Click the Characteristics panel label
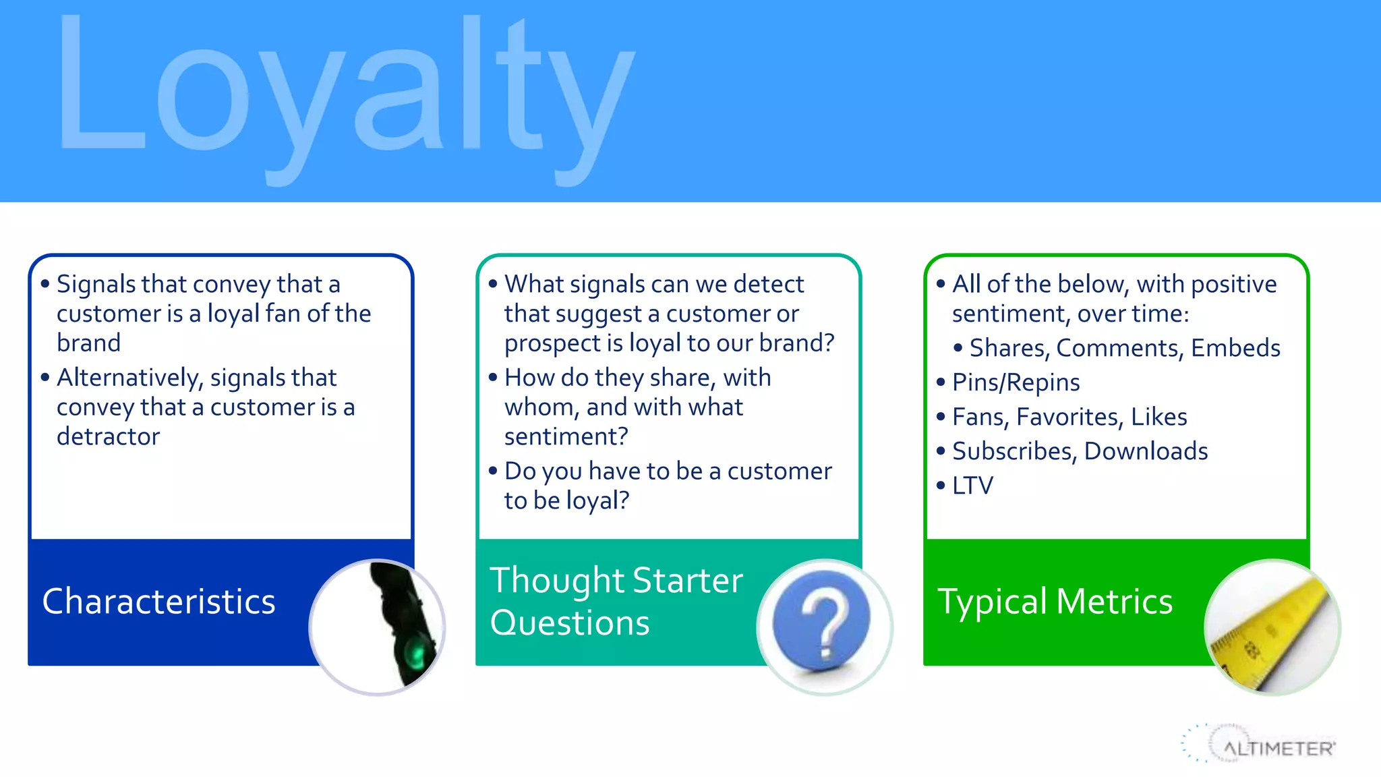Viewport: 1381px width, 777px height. coord(158,602)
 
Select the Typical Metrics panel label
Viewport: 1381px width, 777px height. coord(1055,602)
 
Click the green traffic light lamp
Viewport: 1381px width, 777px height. coord(414,654)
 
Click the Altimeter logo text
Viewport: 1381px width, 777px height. coord(1278,749)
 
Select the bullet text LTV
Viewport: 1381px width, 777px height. coord(972,486)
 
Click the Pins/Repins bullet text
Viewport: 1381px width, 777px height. coord(1016,382)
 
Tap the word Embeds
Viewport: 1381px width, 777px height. coord(1235,348)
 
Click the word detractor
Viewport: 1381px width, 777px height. coord(108,436)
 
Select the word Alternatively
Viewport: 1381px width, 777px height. coord(129,378)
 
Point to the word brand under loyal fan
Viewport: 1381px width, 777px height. coord(88,343)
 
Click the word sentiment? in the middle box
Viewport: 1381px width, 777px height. coord(566,436)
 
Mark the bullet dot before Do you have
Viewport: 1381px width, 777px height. coord(493,470)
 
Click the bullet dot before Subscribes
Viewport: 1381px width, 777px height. coord(941,451)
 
